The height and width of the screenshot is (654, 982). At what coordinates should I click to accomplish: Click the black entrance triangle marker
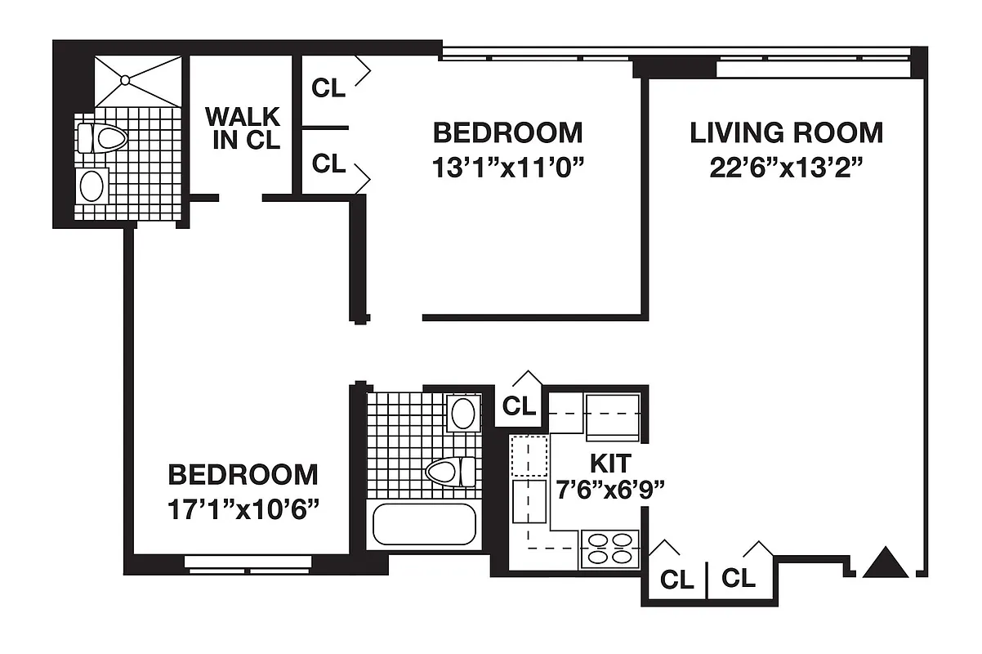886,563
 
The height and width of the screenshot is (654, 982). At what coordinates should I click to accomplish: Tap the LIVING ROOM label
786,132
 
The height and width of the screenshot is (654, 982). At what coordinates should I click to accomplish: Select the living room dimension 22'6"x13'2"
786,167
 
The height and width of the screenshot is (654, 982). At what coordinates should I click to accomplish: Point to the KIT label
610,464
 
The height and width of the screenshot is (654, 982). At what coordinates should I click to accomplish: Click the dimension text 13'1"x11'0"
507,167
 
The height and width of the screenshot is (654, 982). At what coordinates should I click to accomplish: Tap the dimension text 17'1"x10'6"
243,508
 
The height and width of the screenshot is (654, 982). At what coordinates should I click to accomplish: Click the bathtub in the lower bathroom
423,525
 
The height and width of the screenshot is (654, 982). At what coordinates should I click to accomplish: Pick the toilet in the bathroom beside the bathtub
450,472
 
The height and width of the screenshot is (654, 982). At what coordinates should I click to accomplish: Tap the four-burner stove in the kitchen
609,549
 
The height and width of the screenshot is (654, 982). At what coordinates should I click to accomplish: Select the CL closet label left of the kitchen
519,405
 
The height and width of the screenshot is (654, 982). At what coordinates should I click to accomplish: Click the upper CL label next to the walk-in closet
328,88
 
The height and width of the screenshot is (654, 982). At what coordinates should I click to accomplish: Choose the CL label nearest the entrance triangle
739,579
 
